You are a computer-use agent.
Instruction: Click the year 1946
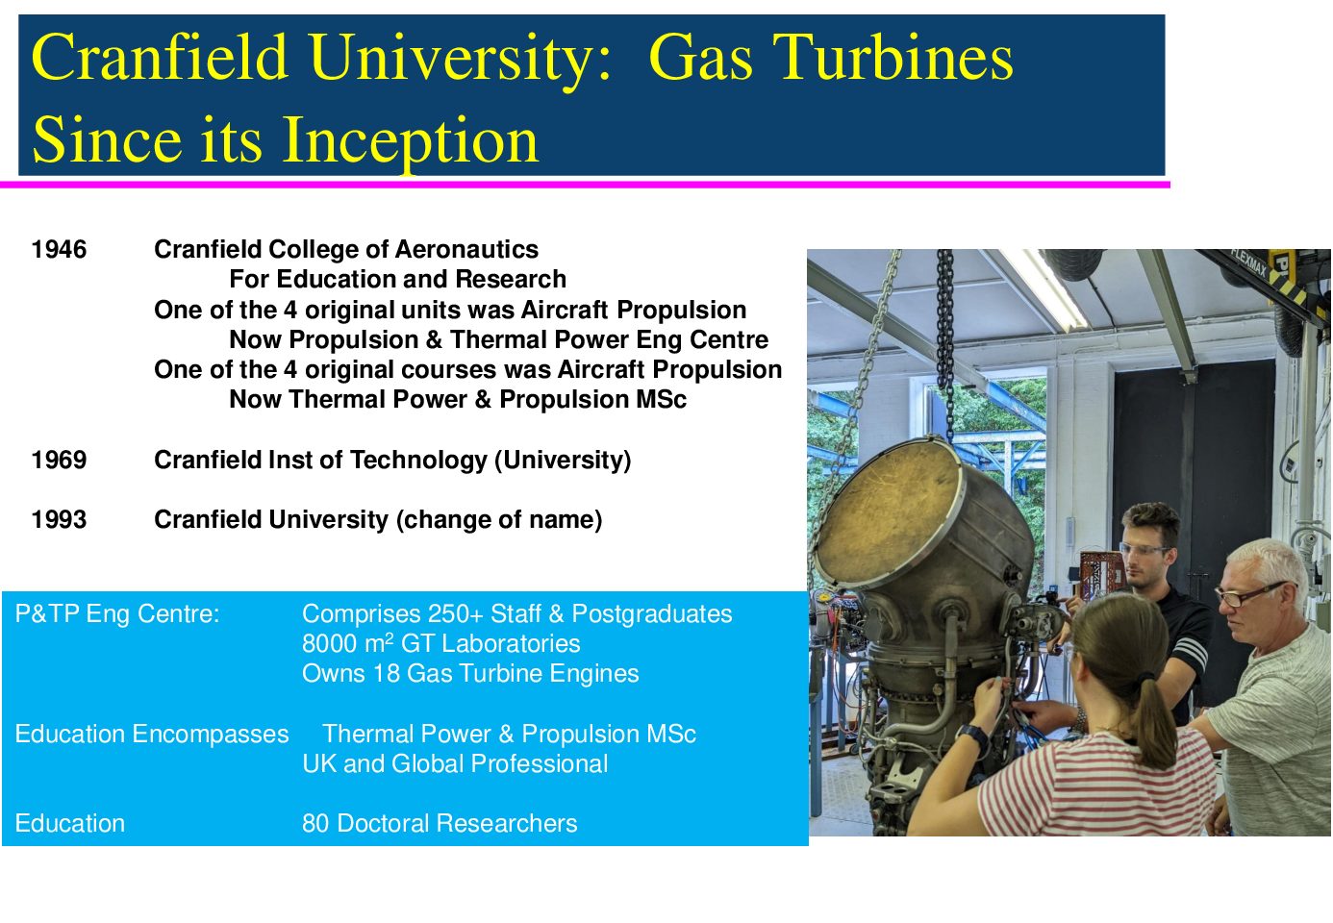pos(59,250)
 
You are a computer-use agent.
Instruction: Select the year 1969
pos(59,461)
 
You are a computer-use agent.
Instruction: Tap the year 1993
pos(59,520)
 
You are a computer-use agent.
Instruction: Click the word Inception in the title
pos(411,142)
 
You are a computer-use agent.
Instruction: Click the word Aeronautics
pos(466,250)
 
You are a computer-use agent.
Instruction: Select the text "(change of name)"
pos(499,520)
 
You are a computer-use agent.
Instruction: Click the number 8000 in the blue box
pos(329,644)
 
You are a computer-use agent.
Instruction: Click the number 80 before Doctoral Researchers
pos(315,824)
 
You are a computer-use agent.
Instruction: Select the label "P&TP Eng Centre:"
pos(117,614)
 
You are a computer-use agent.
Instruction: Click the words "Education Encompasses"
pos(152,735)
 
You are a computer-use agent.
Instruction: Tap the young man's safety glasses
pos(1143,549)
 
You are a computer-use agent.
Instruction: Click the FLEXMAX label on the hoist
pos(1248,262)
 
